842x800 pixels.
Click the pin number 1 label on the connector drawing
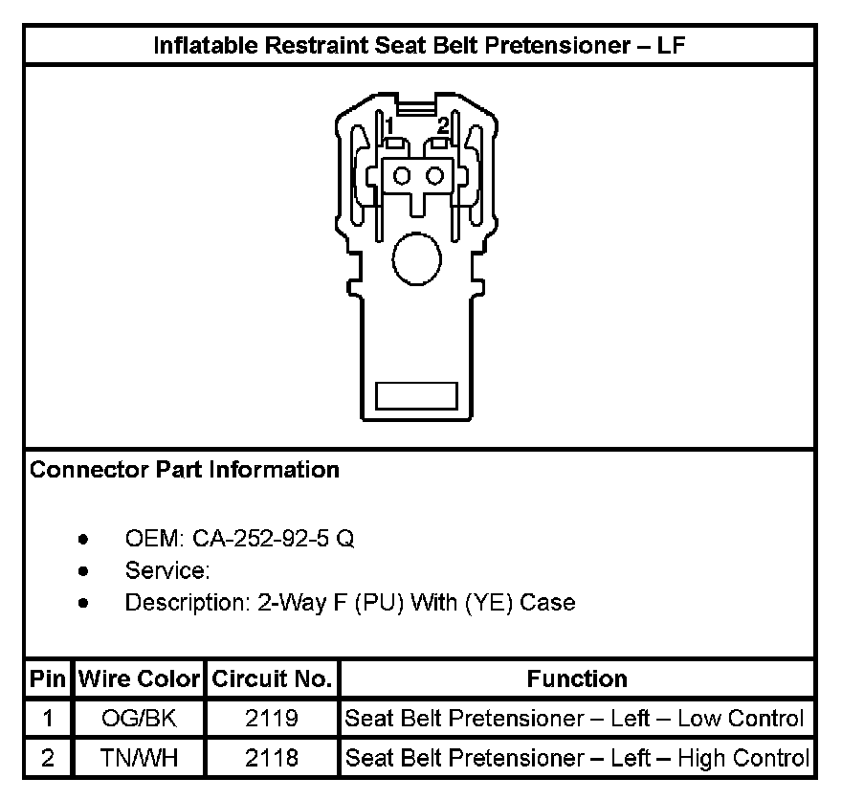pos(389,126)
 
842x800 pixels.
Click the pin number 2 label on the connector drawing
pos(443,126)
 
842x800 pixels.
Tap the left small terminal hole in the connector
pos(402,175)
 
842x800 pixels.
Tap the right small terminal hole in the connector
pos(434,175)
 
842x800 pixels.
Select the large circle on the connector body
pos(417,259)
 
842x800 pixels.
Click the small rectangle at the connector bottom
pos(417,396)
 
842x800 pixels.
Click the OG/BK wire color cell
pos(139,718)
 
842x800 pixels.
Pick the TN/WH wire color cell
pos(139,758)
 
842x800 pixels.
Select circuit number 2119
pos(271,718)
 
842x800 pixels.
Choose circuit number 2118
pos(271,758)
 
